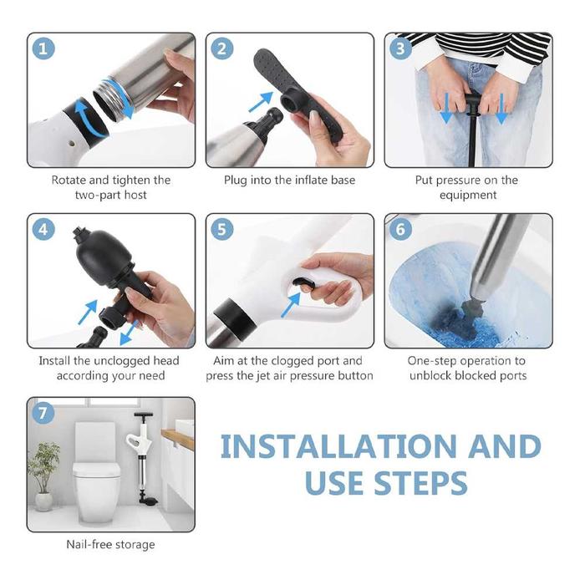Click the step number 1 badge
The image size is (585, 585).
pyautogui.click(x=43, y=48)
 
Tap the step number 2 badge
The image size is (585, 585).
pyautogui.click(x=222, y=48)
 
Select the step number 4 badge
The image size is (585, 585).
pyautogui.click(x=43, y=229)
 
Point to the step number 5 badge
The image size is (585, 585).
pyautogui.click(x=222, y=229)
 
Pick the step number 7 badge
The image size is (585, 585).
pyautogui.click(x=43, y=413)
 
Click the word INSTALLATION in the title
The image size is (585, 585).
pyautogui.click(x=338, y=446)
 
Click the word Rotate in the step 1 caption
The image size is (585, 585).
pyautogui.click(x=69, y=181)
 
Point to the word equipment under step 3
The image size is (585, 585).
pyautogui.click(x=468, y=195)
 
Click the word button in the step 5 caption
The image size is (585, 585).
pyautogui.click(x=355, y=376)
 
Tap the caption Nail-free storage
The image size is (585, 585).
pyautogui.click(x=110, y=544)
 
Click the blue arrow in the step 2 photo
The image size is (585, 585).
pyautogui.click(x=261, y=102)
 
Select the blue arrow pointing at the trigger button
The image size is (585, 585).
pyautogui.click(x=290, y=305)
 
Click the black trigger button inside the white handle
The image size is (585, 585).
pyautogui.click(x=303, y=284)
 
